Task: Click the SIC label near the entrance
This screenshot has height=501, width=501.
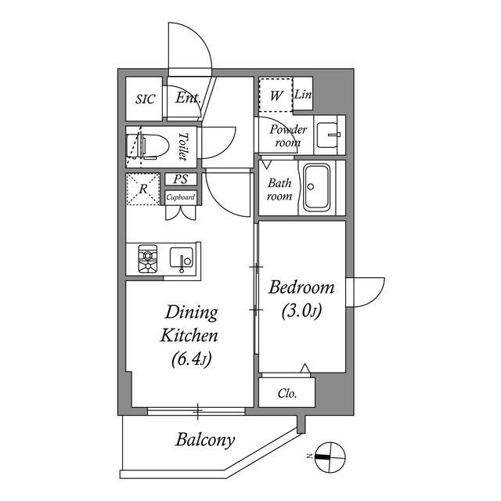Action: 146,99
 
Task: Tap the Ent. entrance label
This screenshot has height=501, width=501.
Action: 188,99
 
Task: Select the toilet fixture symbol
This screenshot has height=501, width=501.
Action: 146,146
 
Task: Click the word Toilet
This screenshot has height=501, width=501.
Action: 183,146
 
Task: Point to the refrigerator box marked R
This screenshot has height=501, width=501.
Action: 144,189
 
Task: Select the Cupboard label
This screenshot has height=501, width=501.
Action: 180,197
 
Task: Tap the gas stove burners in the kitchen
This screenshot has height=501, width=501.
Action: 147,258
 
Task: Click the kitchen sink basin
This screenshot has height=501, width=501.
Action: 182,258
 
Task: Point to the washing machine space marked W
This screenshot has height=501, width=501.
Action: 276,96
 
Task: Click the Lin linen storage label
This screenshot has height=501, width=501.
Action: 304,96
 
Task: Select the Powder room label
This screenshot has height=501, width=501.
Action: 289,135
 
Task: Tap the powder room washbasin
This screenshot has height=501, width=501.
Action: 329,139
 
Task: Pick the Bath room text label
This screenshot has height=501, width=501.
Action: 279,189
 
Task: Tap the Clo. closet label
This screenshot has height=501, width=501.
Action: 287,394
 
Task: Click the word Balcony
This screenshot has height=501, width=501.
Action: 204,440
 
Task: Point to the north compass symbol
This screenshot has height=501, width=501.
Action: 330,455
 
